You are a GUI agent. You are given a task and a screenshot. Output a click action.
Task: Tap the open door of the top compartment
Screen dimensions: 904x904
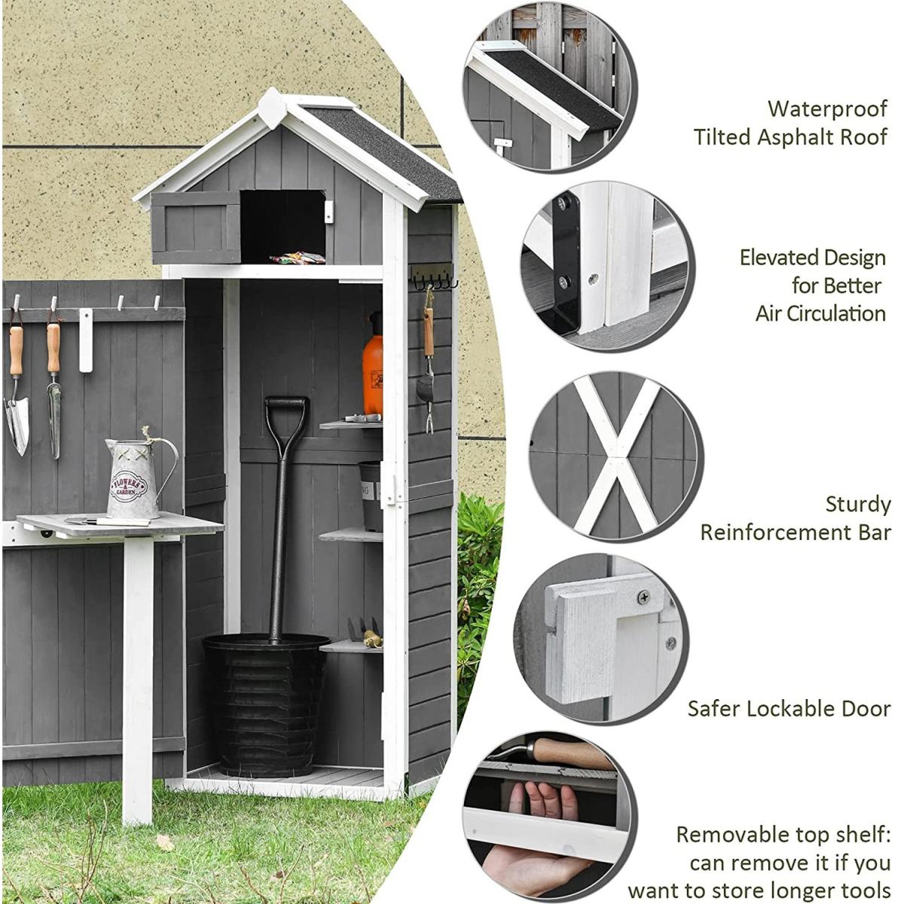coord(196,228)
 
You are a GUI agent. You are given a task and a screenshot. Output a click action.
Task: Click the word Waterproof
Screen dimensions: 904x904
coord(827,109)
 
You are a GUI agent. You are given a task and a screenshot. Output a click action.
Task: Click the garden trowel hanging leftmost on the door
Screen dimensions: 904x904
coord(17,389)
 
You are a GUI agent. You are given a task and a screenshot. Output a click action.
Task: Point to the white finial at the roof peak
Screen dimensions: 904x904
coord(272,108)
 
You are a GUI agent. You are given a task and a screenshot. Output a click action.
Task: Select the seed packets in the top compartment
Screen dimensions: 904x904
coord(297,258)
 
